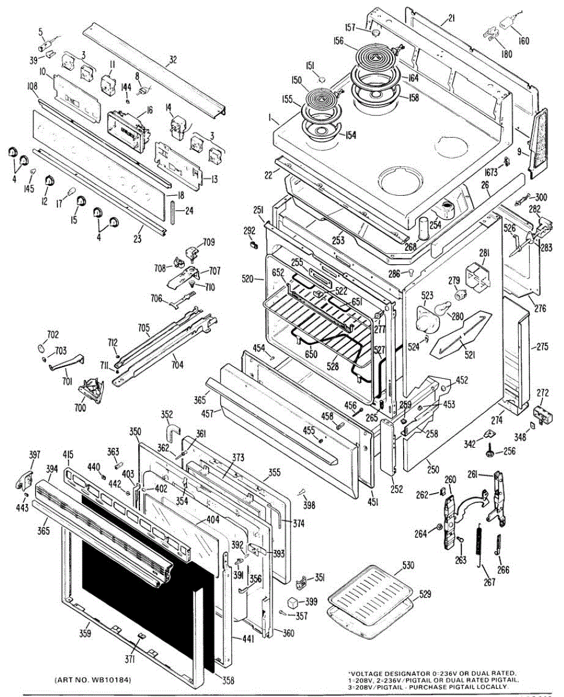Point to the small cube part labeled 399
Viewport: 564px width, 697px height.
(x=296, y=602)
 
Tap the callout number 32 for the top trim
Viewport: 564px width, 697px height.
(x=173, y=59)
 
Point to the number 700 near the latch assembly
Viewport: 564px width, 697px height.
(x=80, y=407)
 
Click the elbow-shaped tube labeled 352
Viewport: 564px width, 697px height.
(x=173, y=431)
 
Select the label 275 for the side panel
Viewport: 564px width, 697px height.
(x=541, y=347)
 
